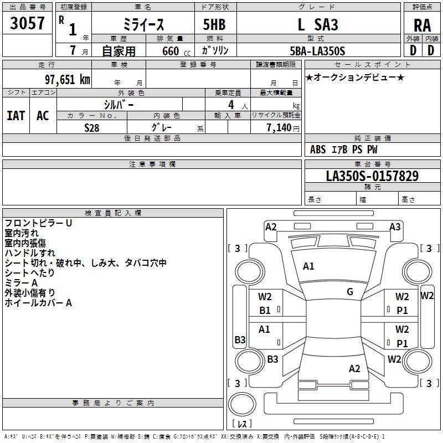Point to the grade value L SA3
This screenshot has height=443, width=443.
317,25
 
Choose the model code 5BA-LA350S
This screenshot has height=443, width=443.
317,51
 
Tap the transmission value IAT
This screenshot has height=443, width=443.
16,116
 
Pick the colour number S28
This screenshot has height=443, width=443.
91,127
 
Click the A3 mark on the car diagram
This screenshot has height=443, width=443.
395,226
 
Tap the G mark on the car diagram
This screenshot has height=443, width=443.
350,292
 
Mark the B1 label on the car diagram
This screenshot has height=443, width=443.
265,311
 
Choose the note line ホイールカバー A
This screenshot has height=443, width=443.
38,303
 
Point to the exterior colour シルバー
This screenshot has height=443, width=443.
119,105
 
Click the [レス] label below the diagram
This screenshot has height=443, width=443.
241,425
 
